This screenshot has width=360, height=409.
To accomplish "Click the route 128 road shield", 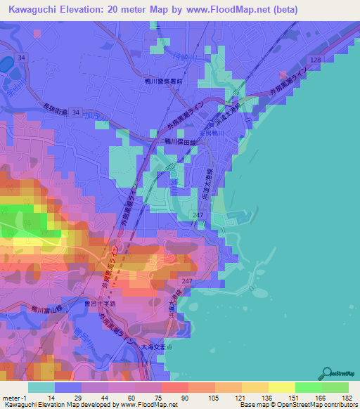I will pyautogui.click(x=316, y=61).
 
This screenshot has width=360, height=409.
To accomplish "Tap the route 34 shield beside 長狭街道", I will pyautogui.click(x=75, y=111).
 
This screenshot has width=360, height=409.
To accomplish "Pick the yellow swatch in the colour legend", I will pyautogui.click(x=281, y=387).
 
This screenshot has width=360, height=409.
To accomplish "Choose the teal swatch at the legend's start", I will pyautogui.click(x=41, y=387).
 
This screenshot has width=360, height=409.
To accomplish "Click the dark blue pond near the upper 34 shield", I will pyautogui.click(x=6, y=67).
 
